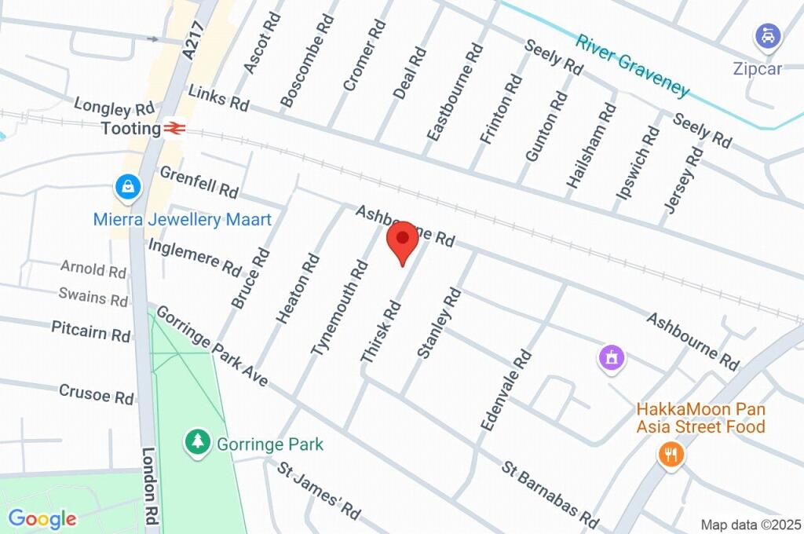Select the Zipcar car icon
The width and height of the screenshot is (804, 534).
click(766, 36)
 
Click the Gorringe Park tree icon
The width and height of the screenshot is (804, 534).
click(196, 441)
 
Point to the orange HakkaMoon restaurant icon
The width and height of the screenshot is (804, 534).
click(669, 455)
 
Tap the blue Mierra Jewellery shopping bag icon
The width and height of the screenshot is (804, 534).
click(126, 187)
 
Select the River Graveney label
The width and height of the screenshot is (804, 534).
click(632, 65)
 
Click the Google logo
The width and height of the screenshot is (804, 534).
click(42, 518)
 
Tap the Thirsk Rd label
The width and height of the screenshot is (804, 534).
click(381, 334)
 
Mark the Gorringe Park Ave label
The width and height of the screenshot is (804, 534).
click(212, 346)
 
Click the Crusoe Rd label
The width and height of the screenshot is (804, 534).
click(97, 394)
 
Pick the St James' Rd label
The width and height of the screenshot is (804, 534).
click(319, 490)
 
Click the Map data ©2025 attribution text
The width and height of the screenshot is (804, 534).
click(751, 525)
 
